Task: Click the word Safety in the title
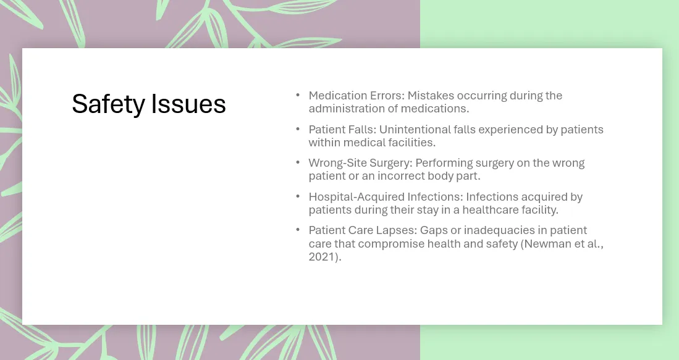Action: click(x=108, y=104)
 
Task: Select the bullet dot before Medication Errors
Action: click(x=298, y=94)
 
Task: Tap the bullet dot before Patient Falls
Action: click(x=298, y=129)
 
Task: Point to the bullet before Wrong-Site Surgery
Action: click(x=298, y=162)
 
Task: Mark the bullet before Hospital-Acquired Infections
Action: click(x=298, y=196)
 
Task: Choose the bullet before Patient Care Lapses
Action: click(x=298, y=229)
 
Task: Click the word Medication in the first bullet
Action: click(x=332, y=95)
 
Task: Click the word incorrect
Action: click(x=401, y=176)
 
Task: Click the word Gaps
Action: click(x=434, y=230)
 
